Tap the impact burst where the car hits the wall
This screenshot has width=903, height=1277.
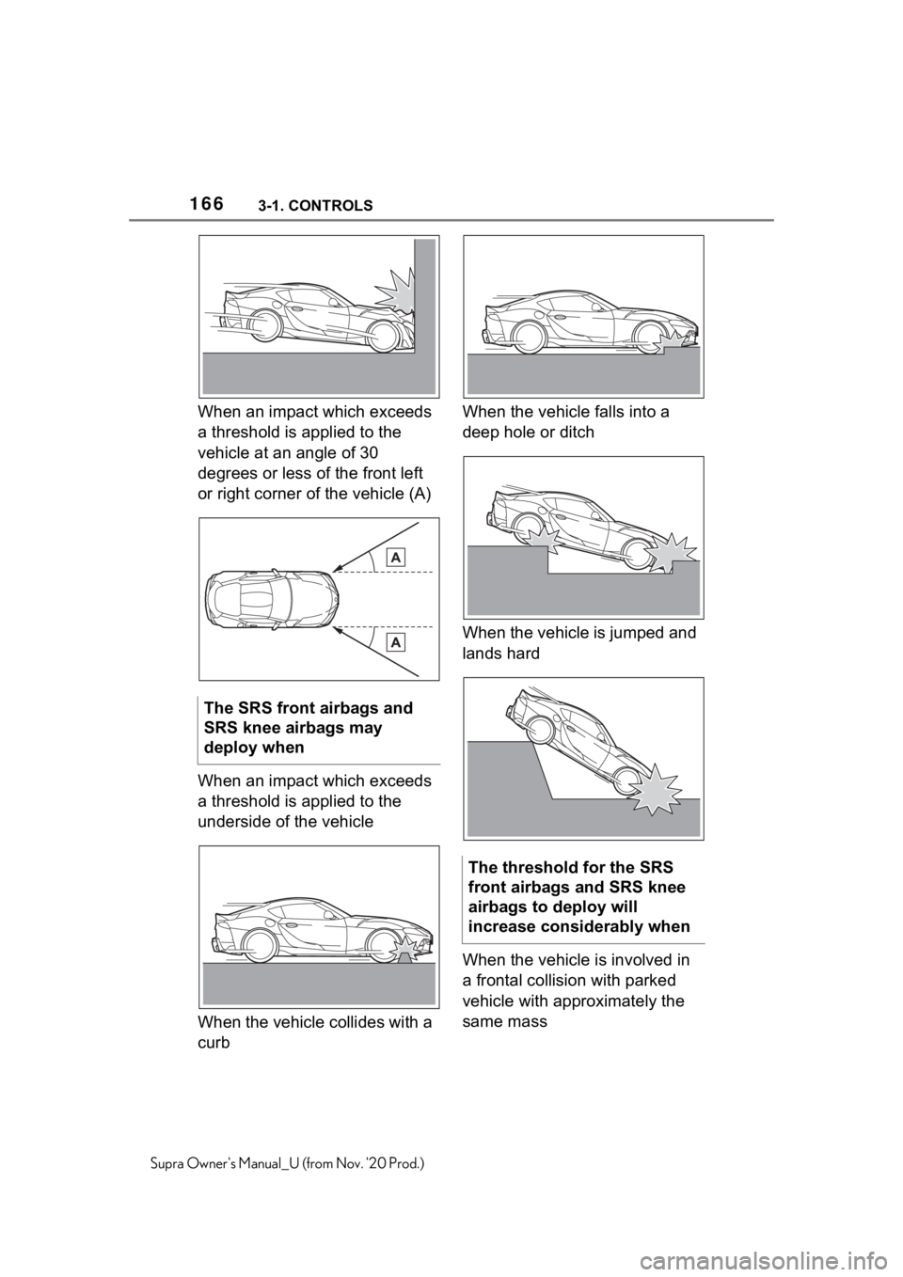coord(394,292)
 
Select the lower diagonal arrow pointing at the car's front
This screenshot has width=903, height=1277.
coord(376,654)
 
